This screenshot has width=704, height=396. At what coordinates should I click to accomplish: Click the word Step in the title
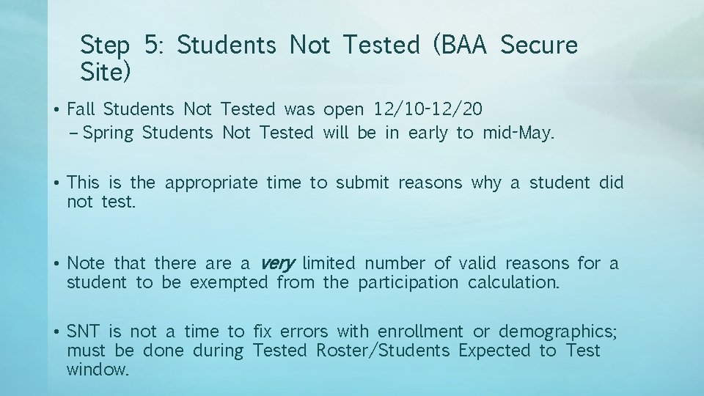pyautogui.click(x=106, y=46)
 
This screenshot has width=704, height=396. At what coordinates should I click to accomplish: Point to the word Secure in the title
pyautogui.click(x=539, y=45)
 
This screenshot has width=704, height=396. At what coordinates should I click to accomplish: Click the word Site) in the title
pyautogui.click(x=106, y=72)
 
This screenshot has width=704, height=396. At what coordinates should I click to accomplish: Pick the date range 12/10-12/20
pyautogui.click(x=428, y=110)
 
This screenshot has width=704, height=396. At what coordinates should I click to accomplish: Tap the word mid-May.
pyautogui.click(x=518, y=133)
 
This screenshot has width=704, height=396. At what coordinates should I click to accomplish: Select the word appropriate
pyautogui.click(x=211, y=183)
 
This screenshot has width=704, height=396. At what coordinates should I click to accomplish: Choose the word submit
pyautogui.click(x=362, y=183)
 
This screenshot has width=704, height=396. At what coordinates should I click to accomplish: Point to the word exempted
pyautogui.click(x=229, y=282)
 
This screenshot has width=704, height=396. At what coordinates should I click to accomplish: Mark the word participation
pyautogui.click(x=408, y=282)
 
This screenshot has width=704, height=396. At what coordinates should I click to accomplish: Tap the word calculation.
pyautogui.click(x=514, y=282)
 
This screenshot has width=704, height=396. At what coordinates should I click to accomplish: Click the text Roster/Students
pyautogui.click(x=382, y=351)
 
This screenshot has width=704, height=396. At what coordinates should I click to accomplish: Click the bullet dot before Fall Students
pyautogui.click(x=56, y=111)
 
